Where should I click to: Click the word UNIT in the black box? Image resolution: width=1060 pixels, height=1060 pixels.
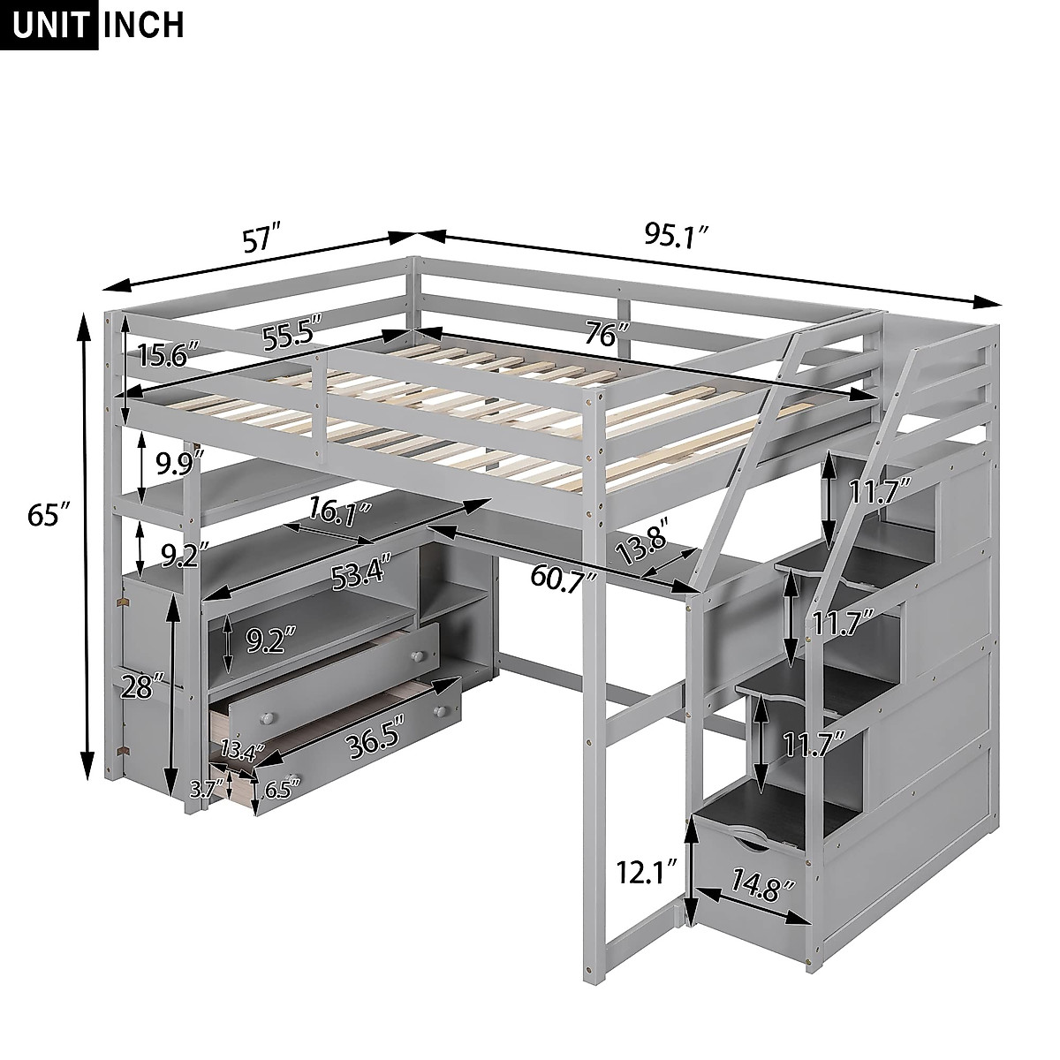tap(52, 24)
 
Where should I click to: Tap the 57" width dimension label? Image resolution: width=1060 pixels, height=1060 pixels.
tap(261, 241)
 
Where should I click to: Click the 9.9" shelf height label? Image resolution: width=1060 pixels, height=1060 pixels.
tap(179, 464)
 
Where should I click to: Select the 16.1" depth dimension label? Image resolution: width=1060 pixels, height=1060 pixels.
tap(339, 511)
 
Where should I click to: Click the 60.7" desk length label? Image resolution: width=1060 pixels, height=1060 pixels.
tap(564, 575)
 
